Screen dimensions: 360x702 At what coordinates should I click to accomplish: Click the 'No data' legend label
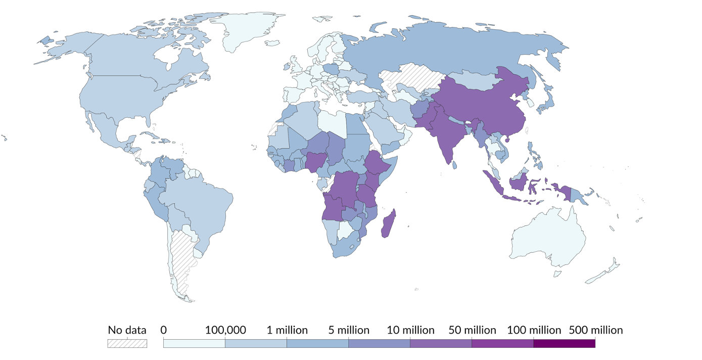[127, 330]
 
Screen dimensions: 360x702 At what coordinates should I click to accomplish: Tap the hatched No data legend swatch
[127, 343]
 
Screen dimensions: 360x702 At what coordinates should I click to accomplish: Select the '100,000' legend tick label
[225, 330]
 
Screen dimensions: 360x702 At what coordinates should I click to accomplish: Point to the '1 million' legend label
[287, 330]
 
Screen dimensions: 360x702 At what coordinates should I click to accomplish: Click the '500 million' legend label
[595, 330]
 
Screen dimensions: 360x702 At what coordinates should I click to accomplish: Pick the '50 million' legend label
[472, 330]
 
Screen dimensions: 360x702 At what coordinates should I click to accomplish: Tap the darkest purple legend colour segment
[564, 343]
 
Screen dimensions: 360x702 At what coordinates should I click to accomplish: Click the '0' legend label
[164, 330]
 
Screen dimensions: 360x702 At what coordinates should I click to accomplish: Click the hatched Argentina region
[182, 258]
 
